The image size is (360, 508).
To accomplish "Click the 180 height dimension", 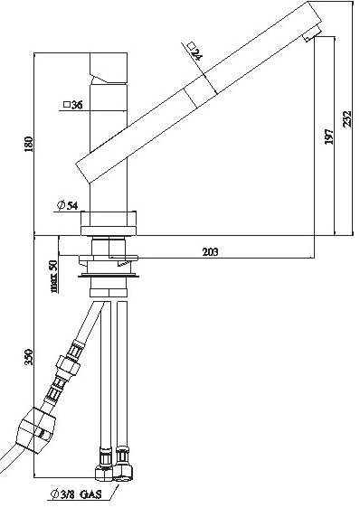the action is click(29, 144).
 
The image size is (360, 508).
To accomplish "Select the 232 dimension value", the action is click(347, 119).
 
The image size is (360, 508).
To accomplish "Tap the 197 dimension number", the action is click(328, 136).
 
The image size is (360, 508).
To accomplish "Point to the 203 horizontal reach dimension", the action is click(210, 251).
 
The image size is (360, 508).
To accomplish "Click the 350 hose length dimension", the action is click(29, 357).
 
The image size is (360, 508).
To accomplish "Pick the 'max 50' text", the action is click(54, 277).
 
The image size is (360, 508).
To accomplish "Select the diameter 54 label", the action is click(68, 205).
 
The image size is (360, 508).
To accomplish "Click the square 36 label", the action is click(72, 105).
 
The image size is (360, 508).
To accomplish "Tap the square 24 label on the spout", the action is click(195, 52).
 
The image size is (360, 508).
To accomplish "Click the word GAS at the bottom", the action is click(90, 494).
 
